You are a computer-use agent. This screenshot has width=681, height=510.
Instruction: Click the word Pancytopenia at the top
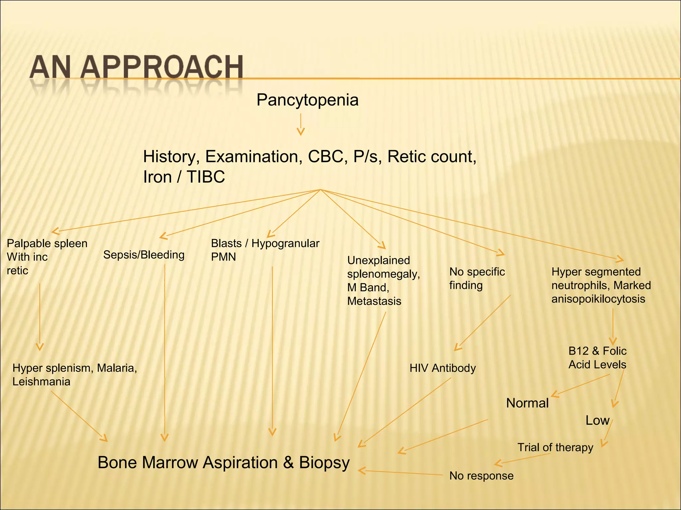(307, 100)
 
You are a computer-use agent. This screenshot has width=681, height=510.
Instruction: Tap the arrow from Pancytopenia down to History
(301, 124)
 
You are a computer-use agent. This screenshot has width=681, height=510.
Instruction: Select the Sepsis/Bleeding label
(144, 255)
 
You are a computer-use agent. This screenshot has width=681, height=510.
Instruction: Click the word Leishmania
(41, 382)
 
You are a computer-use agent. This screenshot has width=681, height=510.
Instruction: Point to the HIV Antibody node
(442, 368)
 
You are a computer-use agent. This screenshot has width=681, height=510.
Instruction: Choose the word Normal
(527, 403)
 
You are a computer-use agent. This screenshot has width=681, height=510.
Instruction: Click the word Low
(597, 420)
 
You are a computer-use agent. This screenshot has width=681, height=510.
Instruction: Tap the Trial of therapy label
(555, 447)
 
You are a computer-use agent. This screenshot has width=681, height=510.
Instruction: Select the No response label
(481, 476)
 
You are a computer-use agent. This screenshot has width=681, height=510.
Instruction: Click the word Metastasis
(374, 301)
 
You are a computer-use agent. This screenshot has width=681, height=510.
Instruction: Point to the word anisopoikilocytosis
(598, 299)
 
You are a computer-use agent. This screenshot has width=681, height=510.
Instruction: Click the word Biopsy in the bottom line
(324, 463)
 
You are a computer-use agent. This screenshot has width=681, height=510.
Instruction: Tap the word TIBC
(205, 177)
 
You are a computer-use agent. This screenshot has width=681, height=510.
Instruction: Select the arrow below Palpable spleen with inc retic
(40, 315)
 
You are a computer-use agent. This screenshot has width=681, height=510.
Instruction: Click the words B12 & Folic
(597, 351)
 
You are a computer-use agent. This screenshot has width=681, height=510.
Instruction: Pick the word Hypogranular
(285, 243)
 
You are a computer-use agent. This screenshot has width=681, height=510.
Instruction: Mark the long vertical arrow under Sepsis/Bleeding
(165, 349)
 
